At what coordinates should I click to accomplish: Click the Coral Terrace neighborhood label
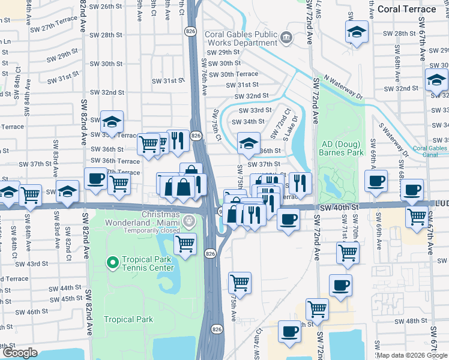pyautogui.click(x=406, y=9)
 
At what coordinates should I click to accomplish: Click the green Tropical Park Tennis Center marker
pyautogui.click(x=112, y=263)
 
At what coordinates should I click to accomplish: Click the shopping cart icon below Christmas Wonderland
pyautogui.click(x=185, y=244)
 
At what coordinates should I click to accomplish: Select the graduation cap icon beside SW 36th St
pyautogui.click(x=249, y=143)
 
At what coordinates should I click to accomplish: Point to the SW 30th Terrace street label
pyautogui.click(x=231, y=74)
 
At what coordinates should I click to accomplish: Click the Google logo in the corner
pyautogui.click(x=20, y=352)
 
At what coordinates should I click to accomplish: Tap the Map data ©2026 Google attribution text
pyautogui.click(x=411, y=355)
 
